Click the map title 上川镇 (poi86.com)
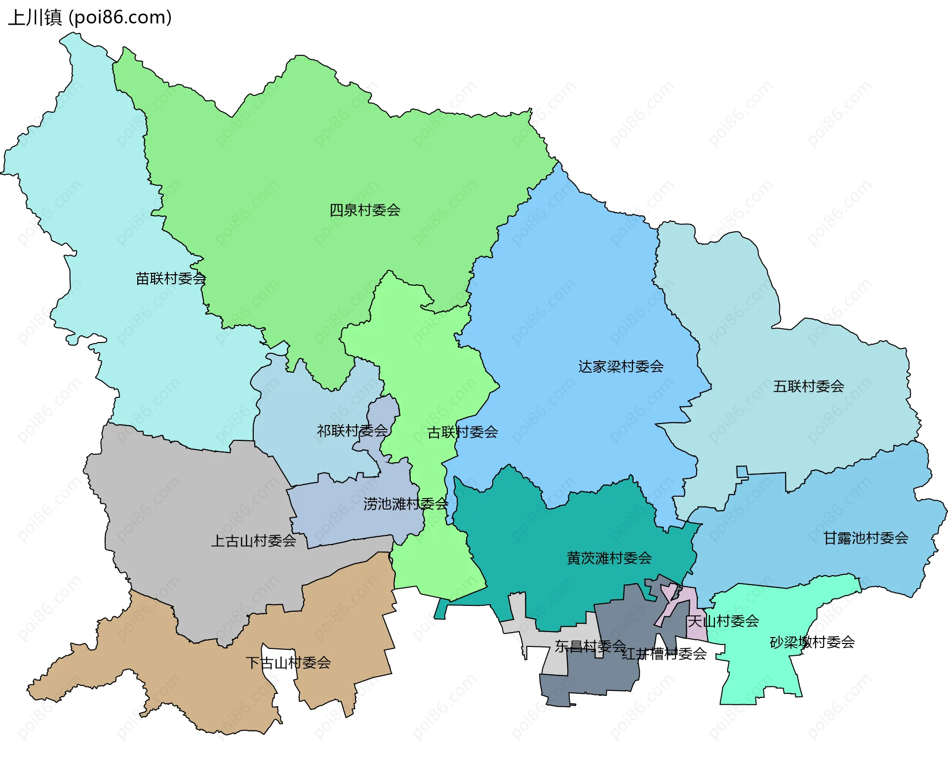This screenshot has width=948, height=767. (90, 18)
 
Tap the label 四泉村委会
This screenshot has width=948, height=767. (365, 210)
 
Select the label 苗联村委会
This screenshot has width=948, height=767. (171, 279)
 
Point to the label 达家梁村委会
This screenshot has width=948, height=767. (621, 367)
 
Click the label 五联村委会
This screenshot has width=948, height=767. (808, 386)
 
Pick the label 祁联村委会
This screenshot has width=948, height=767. (352, 431)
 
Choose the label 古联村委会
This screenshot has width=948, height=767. (462, 432)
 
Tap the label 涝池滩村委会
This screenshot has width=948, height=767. (405, 504)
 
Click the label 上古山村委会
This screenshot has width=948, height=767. (253, 541)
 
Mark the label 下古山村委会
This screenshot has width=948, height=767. (288, 663)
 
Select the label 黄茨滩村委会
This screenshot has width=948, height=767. (609, 558)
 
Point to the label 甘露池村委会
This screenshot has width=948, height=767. (866, 538)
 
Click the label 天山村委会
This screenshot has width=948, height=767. (723, 621)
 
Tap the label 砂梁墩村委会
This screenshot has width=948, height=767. (812, 642)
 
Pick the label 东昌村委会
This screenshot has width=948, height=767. (590, 646)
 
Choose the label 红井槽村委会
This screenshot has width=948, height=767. (664, 654)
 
